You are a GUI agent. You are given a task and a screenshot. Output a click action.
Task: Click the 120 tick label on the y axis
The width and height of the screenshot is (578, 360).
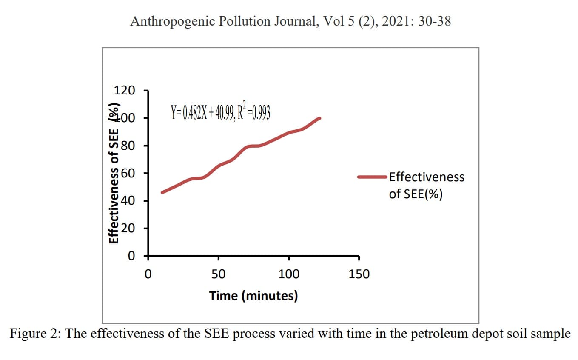124,91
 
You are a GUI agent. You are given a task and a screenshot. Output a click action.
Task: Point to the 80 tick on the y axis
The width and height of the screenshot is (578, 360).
128,146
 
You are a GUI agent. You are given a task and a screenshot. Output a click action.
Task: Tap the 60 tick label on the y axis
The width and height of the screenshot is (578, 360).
128,173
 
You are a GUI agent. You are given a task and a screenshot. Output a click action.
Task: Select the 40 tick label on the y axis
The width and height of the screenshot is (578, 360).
128,201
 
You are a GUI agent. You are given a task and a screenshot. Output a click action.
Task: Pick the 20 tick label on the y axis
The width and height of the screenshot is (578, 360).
128,229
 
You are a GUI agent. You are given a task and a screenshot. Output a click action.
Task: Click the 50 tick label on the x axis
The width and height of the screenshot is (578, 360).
219,274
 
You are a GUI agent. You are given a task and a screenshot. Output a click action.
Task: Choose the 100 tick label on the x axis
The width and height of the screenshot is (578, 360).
289,274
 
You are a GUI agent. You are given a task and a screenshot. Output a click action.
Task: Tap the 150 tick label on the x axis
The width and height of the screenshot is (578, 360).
359,274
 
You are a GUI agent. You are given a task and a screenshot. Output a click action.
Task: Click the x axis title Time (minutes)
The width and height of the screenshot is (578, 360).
253,295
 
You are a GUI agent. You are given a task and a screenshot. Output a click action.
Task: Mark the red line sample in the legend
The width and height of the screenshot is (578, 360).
372,177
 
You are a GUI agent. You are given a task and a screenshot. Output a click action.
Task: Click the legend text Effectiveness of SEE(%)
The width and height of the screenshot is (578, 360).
426,186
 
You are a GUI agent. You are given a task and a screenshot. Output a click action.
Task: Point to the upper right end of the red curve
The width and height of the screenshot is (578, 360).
319,118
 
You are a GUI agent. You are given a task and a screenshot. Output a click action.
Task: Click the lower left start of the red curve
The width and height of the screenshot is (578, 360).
162,192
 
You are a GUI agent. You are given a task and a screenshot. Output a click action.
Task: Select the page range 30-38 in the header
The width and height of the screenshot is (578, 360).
434,21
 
